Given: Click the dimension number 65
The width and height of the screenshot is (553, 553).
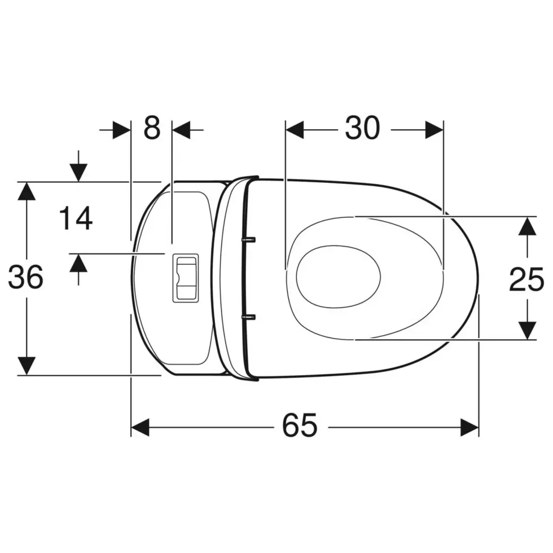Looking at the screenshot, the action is (x=300, y=425).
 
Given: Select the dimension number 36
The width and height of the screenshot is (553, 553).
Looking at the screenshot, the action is (x=26, y=277).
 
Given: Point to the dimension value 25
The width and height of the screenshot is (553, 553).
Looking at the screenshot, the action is (x=526, y=279).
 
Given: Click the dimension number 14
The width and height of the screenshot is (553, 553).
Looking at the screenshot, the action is (x=76, y=218).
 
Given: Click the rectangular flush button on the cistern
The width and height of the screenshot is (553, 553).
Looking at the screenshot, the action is (x=186, y=278).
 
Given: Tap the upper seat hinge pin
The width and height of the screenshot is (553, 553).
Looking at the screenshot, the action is (x=248, y=240).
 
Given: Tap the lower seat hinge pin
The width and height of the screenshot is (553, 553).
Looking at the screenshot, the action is (x=248, y=317).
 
